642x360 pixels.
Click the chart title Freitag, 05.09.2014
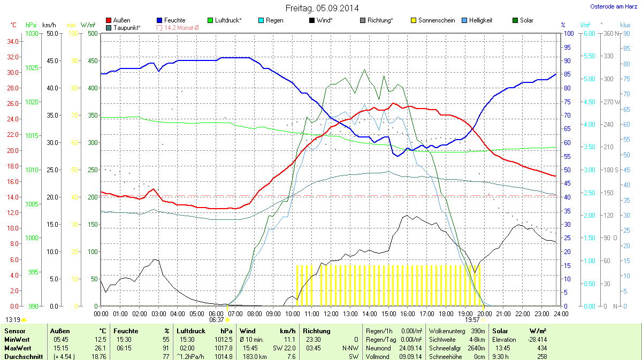pyautogui.click(x=322, y=8)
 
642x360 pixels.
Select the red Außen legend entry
pyautogui.click(x=118, y=20)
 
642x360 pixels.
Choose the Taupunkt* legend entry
pyautogui.click(x=124, y=27)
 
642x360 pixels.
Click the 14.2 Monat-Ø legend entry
pyautogui.click(x=178, y=27)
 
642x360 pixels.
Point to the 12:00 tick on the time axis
pyautogui.click(x=331, y=313)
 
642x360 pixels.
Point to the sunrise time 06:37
pyautogui.click(x=216, y=319)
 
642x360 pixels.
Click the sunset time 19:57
pyautogui.click(x=472, y=319)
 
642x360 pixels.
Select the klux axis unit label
pyautogui.click(x=625, y=25)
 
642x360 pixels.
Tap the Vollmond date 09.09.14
pyautogui.click(x=410, y=356)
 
